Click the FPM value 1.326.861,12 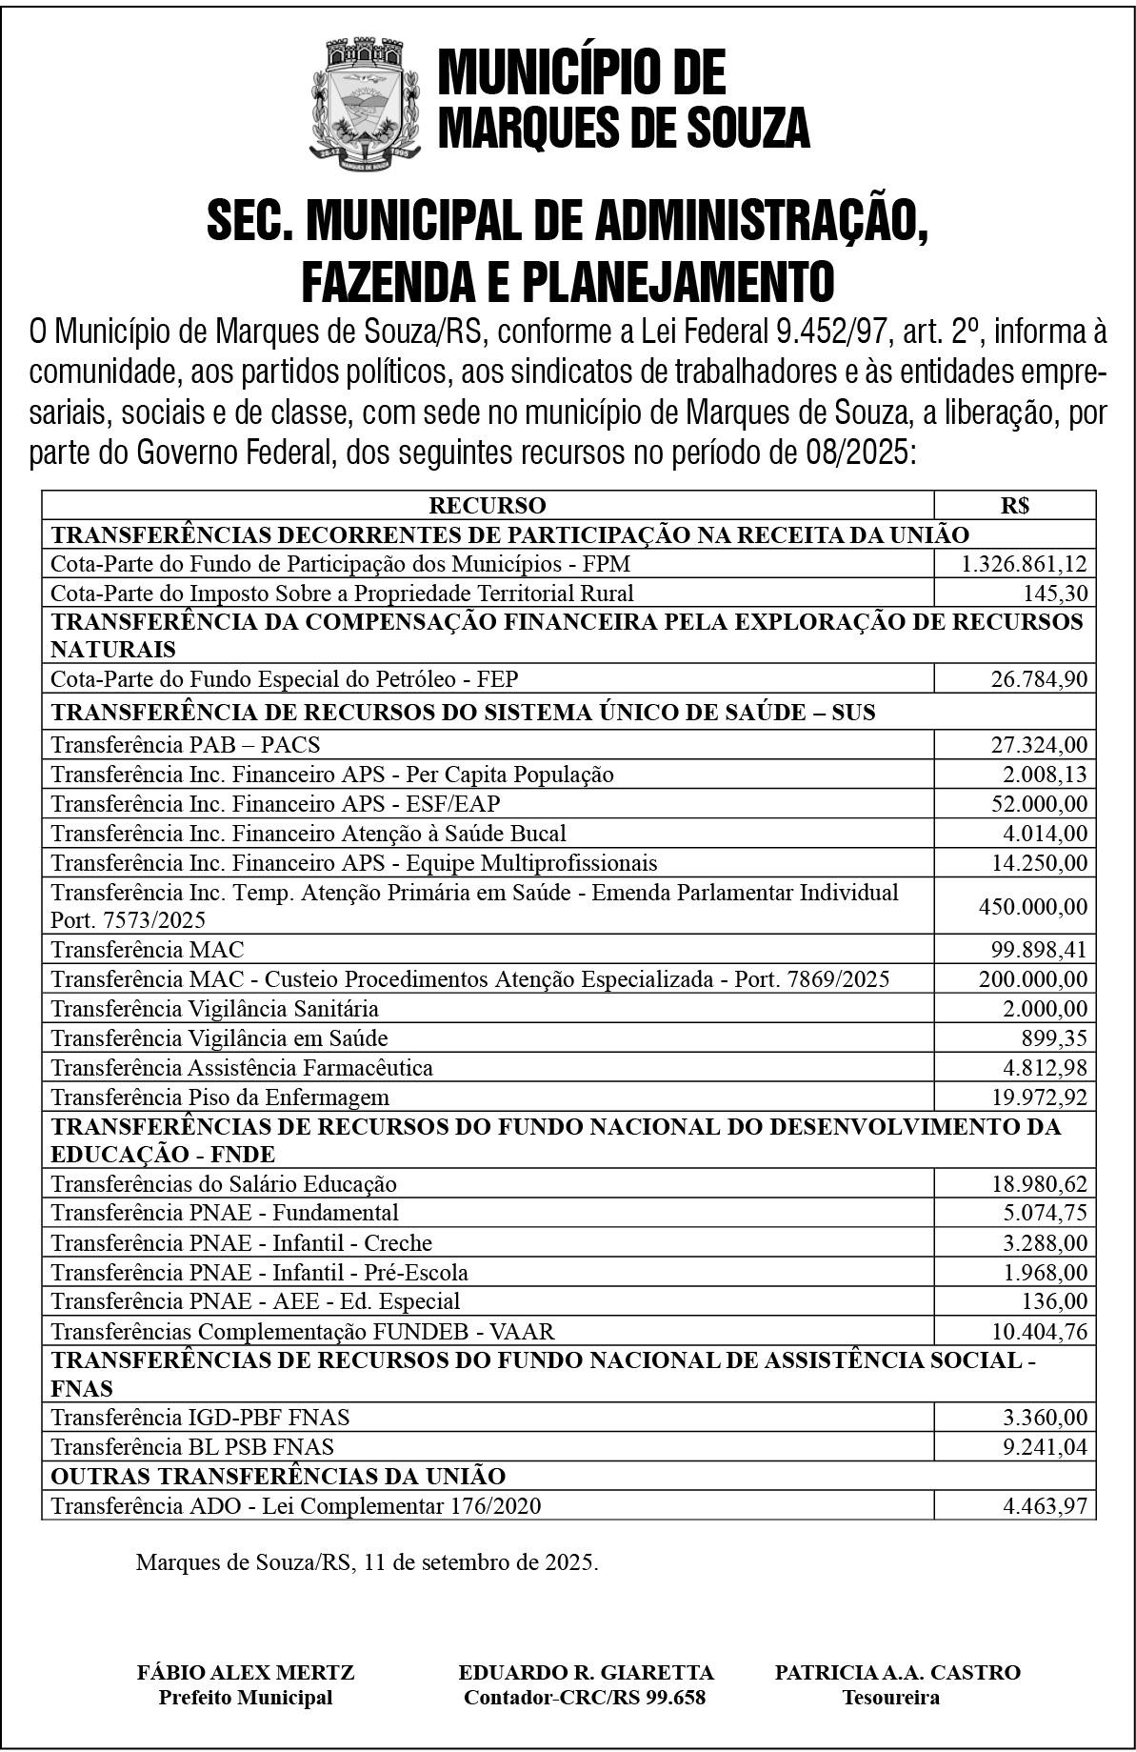(1024, 564)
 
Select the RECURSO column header (487, 505)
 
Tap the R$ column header (1014, 505)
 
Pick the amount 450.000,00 (1032, 906)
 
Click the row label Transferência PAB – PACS (186, 744)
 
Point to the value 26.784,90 (1038, 679)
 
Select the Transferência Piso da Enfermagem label (220, 1097)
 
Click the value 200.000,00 (1032, 978)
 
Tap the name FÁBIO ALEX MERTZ (246, 1671)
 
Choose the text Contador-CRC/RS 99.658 (585, 1697)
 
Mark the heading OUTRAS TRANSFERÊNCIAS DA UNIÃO (278, 1476)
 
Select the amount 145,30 (1055, 594)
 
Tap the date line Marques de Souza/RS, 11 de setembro (367, 1562)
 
